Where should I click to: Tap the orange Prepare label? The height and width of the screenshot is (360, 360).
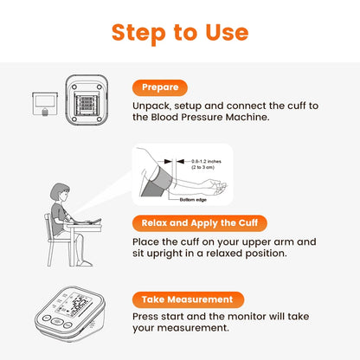159,87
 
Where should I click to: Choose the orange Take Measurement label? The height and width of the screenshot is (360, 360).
187,299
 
